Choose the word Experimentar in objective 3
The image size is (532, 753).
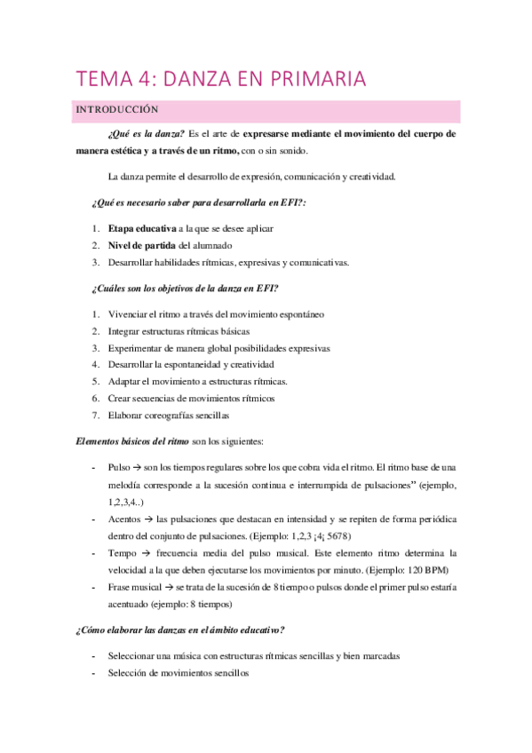[140, 347]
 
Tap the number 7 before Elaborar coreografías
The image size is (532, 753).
[94, 415]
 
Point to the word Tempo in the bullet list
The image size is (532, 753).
[121, 551]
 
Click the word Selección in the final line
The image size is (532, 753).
[128, 673]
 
